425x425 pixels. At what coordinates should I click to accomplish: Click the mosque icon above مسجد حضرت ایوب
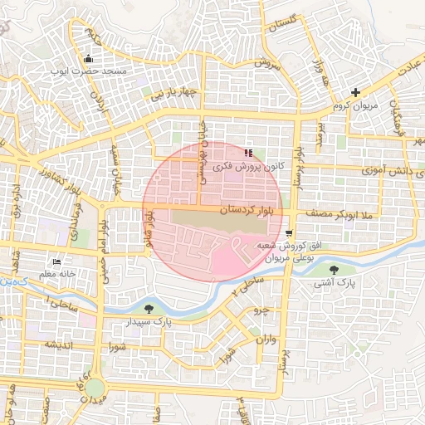[89, 58]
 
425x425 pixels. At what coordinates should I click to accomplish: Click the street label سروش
[269, 63]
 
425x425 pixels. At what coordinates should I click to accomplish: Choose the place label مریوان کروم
[355, 105]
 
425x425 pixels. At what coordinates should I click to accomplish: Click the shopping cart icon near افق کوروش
[288, 233]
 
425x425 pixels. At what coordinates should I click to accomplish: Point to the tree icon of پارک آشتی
[334, 270]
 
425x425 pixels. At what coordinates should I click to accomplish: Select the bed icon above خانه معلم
[56, 261]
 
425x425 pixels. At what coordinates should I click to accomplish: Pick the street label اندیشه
[61, 344]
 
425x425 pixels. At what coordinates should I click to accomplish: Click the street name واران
[266, 340]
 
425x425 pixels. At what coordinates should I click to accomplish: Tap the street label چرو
[261, 310]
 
